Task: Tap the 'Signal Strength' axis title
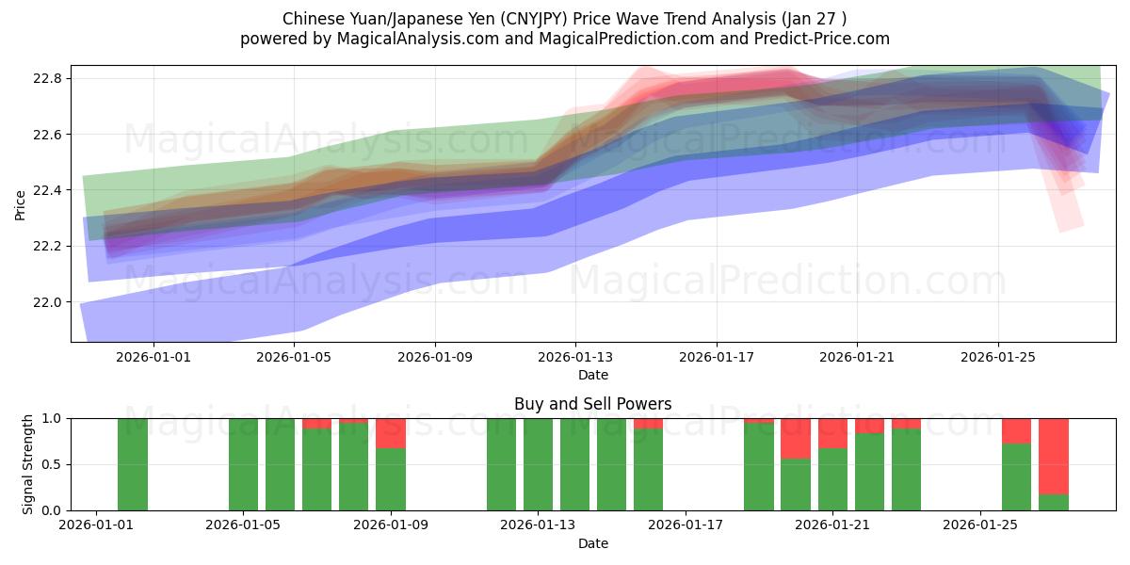pos(28,464)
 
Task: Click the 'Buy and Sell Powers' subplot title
pos(592,404)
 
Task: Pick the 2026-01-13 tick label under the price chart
pos(576,358)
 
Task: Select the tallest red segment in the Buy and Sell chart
pos(1054,456)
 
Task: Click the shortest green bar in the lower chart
pos(1054,502)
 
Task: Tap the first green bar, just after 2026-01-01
pos(133,464)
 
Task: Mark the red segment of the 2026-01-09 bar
pos(391,433)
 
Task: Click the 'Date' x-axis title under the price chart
pos(592,375)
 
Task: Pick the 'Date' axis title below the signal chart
pos(592,543)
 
